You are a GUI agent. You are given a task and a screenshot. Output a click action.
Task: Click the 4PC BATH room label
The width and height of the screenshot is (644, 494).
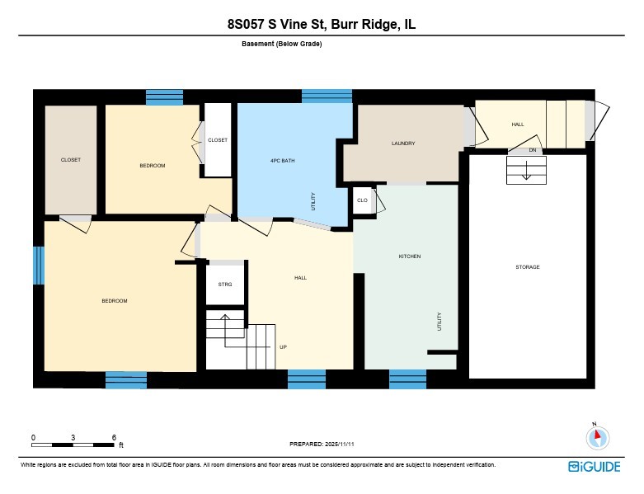(x=282, y=160)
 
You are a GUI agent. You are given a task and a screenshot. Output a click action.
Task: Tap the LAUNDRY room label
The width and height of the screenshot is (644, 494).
(x=402, y=143)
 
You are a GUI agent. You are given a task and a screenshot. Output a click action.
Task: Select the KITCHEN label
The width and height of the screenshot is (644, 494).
(x=410, y=256)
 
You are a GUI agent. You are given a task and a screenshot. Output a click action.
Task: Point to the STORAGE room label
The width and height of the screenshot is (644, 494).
(x=528, y=267)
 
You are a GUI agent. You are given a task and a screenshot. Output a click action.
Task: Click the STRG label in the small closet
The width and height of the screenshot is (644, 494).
(x=225, y=285)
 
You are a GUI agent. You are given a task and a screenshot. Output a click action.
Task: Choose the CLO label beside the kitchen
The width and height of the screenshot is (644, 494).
(x=362, y=200)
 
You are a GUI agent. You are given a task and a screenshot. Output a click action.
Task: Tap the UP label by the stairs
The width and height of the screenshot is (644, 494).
(x=283, y=347)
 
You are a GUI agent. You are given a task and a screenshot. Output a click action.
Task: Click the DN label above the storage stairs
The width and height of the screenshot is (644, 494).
(x=533, y=150)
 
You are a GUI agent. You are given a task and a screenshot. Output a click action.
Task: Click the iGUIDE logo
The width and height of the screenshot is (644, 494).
(x=595, y=467)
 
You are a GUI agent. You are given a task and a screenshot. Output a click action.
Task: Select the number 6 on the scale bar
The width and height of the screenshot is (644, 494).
(x=113, y=437)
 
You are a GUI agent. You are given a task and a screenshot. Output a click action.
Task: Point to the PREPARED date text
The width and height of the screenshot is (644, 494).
(x=322, y=444)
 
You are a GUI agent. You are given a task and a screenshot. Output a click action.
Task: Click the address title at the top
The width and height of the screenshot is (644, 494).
(x=322, y=26)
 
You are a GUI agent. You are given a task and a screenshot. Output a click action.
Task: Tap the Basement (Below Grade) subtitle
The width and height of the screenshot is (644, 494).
(x=282, y=44)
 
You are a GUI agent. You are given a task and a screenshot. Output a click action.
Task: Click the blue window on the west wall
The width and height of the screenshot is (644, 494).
(x=38, y=266)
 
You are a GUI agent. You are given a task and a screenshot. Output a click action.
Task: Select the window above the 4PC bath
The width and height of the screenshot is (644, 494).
(x=327, y=96)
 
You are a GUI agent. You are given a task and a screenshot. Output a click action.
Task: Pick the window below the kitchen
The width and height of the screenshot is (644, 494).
(x=407, y=379)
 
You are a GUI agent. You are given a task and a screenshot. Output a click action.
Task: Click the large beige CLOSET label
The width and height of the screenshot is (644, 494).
(x=71, y=160)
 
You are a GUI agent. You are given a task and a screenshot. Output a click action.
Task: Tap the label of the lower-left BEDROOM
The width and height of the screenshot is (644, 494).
(x=115, y=301)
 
